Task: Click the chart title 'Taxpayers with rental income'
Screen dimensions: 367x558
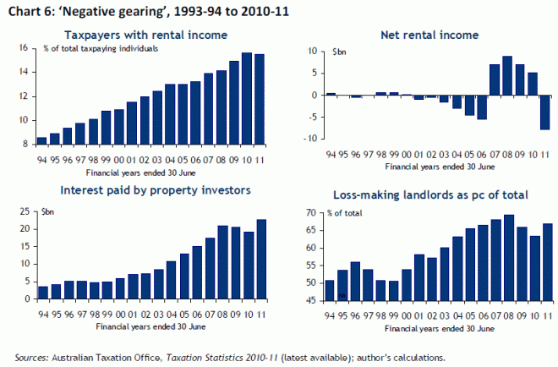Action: point(145,35)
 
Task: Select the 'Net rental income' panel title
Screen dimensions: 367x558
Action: point(419,35)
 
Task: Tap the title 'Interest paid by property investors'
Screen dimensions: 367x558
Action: point(145,189)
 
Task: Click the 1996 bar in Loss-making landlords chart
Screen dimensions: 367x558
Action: point(355,282)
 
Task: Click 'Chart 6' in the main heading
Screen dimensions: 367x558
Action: point(26,9)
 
